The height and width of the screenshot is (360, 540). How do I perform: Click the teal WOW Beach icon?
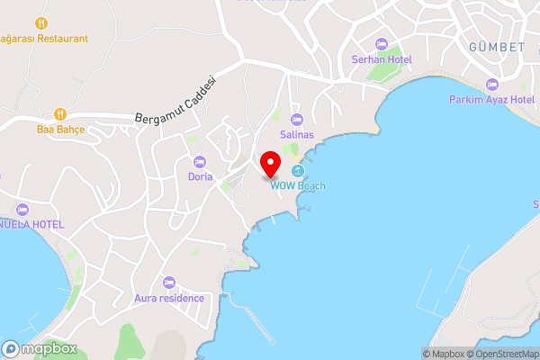tap(298, 170)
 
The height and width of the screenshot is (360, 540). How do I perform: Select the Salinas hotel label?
tap(295, 134)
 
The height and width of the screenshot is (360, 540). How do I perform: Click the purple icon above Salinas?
tap(295, 119)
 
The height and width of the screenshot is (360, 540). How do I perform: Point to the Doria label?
tap(200, 176)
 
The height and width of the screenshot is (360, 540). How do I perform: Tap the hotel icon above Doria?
tap(200, 161)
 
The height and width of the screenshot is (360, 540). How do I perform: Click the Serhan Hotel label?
tap(381, 59)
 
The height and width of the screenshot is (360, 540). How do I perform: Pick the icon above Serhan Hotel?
tap(381, 43)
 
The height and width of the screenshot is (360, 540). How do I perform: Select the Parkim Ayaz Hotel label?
tap(491, 99)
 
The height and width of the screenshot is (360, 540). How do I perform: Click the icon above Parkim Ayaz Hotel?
tap(491, 84)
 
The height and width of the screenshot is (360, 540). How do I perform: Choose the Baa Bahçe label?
tap(60, 130)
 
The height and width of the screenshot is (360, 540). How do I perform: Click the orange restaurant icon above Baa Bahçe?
tap(60, 113)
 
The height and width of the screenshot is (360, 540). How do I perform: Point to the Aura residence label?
tap(168, 298)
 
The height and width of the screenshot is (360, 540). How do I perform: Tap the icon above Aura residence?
tap(168, 283)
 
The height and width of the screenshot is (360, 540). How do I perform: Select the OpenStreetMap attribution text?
tap(503, 354)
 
